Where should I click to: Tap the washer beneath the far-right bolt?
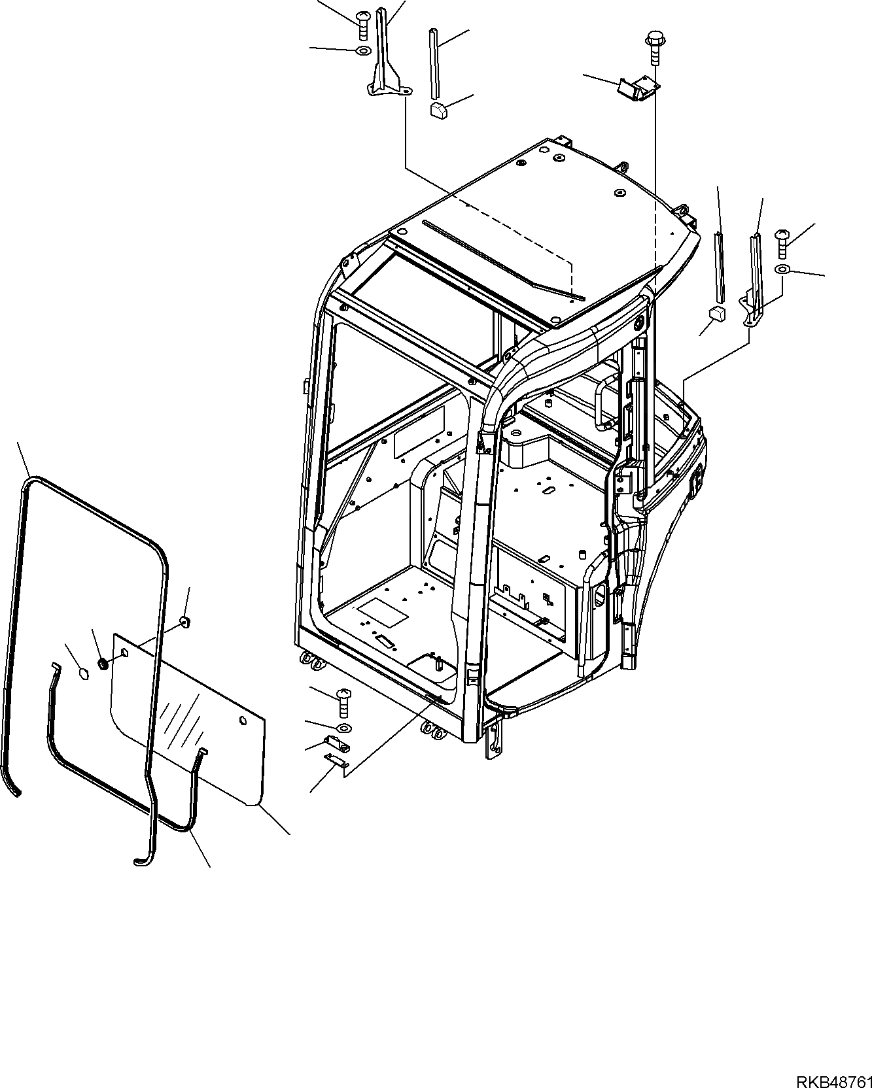784,269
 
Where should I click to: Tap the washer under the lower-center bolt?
343,728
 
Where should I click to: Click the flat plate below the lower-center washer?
338,760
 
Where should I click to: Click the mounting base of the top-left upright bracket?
387,89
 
